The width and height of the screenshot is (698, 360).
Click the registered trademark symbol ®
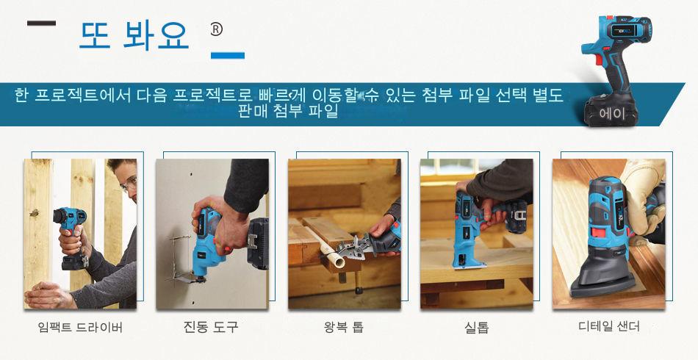coord(216,30)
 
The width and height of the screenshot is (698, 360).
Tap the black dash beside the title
coord(41,23)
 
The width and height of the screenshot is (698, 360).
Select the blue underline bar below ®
coord(228,56)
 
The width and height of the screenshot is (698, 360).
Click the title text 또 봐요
coord(134,35)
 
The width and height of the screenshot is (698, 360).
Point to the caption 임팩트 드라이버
coord(80,328)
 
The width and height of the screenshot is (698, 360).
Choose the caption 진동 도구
coord(211,327)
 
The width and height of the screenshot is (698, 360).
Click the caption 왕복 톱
coord(344,328)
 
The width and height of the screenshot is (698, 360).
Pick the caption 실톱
coord(477,328)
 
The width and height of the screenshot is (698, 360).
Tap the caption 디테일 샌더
coord(609,327)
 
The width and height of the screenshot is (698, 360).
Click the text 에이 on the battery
coord(612,114)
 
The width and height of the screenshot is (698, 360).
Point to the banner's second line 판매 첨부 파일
coord(289,111)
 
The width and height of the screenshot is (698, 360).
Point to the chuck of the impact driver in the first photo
coord(60,216)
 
